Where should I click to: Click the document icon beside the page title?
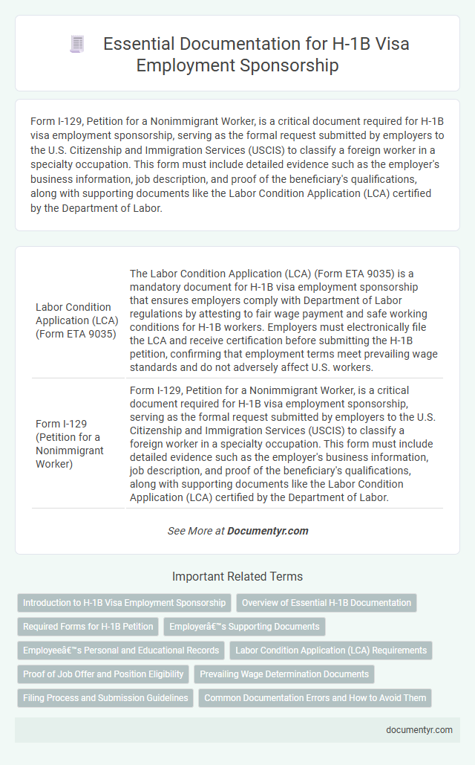click(77, 44)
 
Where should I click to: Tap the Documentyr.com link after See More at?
click(268, 531)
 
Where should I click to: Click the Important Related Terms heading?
click(237, 576)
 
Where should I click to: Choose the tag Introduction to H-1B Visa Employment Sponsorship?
click(124, 603)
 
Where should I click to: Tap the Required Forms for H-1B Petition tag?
click(88, 627)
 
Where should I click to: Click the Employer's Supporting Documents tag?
click(244, 627)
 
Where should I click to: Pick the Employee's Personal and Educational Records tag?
click(121, 651)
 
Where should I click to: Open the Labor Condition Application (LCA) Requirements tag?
click(331, 651)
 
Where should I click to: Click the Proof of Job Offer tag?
click(103, 674)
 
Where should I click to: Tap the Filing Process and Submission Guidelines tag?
click(105, 698)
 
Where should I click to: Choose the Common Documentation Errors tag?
click(315, 698)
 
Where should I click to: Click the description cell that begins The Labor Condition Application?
click(285, 320)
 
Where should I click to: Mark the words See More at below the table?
click(194, 531)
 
